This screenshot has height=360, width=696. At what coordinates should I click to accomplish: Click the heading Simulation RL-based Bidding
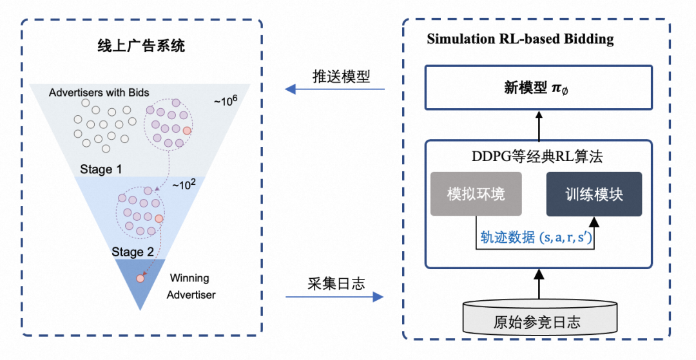(x=520, y=39)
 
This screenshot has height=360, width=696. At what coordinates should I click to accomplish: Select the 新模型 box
(x=538, y=88)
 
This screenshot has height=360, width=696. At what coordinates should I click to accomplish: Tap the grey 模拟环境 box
(x=476, y=194)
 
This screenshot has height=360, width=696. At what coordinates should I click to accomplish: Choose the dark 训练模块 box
(x=594, y=194)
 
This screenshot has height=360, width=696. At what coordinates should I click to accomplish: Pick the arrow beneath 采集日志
(x=334, y=297)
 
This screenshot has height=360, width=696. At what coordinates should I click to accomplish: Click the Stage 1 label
(x=101, y=169)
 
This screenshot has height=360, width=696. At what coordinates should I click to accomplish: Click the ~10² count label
(x=183, y=185)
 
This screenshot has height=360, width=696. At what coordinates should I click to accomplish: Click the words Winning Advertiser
(x=190, y=287)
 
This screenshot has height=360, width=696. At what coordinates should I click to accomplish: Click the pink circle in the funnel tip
(x=140, y=279)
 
